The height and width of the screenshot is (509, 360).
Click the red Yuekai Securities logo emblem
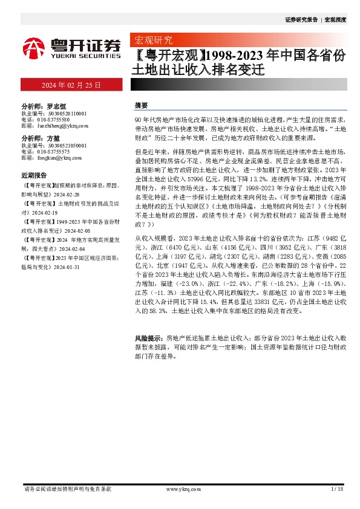(x=34, y=47)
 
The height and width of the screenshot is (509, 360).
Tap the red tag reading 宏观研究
(x=152, y=41)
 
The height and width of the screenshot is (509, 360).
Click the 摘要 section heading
(x=141, y=105)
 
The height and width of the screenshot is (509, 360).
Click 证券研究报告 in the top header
(x=301, y=19)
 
